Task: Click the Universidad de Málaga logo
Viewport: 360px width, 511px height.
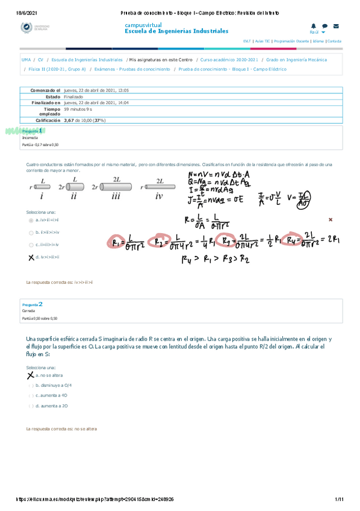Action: click(34, 28)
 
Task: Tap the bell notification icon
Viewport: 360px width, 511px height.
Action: click(314, 26)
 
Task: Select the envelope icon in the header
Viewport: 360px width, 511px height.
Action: click(336, 26)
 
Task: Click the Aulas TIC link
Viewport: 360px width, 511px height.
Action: click(262, 41)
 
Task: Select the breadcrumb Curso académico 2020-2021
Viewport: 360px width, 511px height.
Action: click(229, 60)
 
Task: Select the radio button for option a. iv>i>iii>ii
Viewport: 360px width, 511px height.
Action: click(30, 221)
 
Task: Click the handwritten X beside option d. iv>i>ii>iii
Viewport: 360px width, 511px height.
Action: click(31, 257)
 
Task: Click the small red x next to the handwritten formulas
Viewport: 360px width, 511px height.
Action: click(330, 220)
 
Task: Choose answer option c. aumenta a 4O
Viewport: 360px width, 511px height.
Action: click(30, 395)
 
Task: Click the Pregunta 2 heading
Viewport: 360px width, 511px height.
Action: click(33, 304)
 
